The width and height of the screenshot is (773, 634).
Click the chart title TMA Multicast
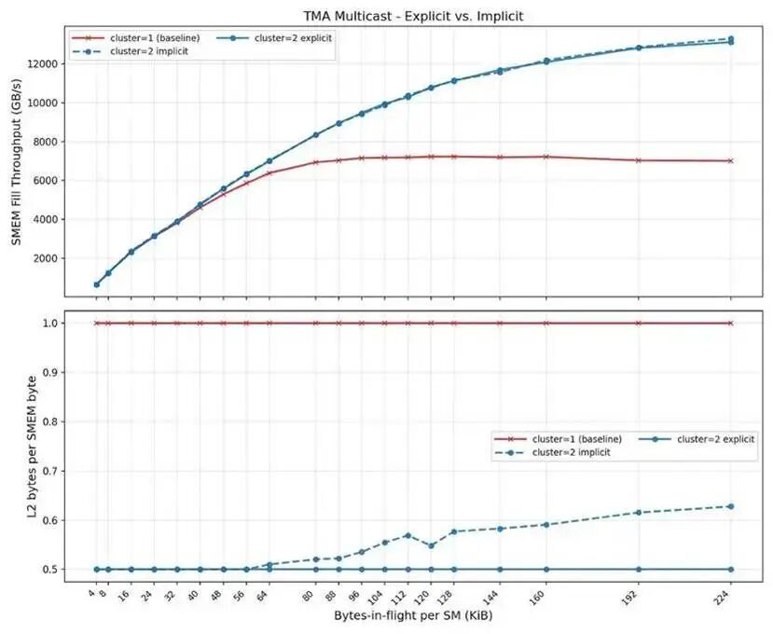coord(351,16)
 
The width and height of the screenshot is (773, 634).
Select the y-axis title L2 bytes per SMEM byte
coord(32,447)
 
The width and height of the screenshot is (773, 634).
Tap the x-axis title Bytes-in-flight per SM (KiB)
coord(413,615)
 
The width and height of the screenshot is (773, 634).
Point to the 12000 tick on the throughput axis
coord(45,64)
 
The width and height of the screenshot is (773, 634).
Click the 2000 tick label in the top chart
coord(48,258)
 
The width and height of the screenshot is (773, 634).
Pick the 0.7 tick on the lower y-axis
coord(50,472)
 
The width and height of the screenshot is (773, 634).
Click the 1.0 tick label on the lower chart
coord(50,324)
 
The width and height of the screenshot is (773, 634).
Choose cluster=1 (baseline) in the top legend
coord(155,38)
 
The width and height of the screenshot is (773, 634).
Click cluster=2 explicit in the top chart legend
coord(293,38)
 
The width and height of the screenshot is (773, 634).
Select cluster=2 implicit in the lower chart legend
coord(571,452)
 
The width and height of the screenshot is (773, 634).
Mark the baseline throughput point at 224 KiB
coord(731,160)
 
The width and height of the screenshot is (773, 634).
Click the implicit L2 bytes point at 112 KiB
coord(407,535)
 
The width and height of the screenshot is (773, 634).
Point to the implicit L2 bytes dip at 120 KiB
coord(431,545)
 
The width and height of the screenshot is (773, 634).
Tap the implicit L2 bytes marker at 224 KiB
coord(731,506)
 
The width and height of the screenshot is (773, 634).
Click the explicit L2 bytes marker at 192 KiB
coord(639,570)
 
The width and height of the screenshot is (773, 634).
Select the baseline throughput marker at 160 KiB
coord(545,157)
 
